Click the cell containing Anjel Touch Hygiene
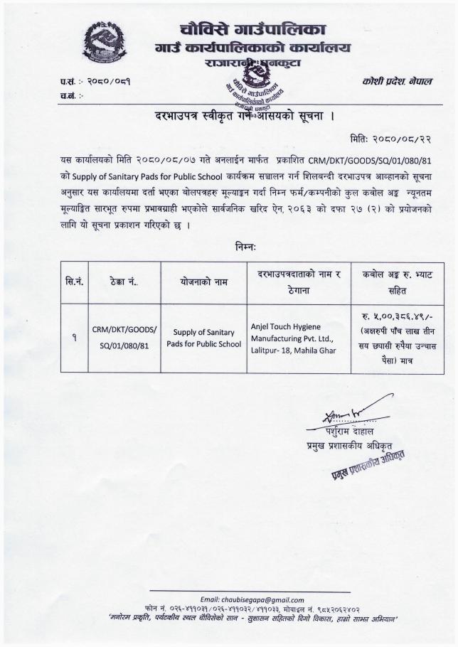(297, 338)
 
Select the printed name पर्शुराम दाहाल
(353, 432)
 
